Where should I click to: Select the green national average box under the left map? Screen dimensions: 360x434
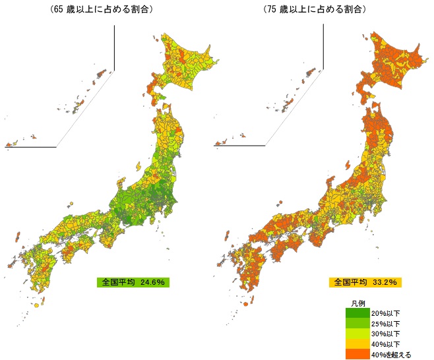pos(133,282)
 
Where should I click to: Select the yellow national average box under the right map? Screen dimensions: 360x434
pos(365,282)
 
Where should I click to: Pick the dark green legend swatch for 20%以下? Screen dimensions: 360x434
pos(357,313)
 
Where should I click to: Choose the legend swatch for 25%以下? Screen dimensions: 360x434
pos(357,324)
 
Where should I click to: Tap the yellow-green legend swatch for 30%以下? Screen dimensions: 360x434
pos(357,334)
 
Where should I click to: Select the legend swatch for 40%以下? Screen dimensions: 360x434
pos(357,344)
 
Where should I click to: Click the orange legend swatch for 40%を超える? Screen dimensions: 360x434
pos(357,354)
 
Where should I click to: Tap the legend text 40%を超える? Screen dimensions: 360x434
pos(391,354)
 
